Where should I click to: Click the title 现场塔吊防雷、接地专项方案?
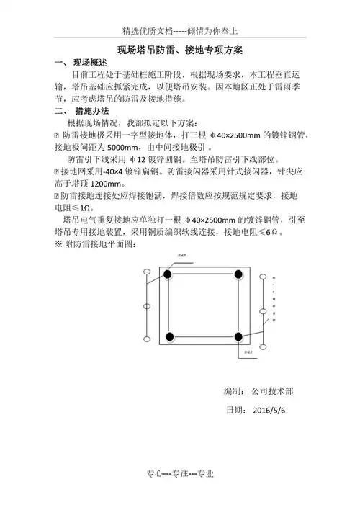[x=180, y=51]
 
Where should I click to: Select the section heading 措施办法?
[x=92, y=112]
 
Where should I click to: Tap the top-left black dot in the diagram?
[x=168, y=274]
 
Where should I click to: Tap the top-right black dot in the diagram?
[x=238, y=274]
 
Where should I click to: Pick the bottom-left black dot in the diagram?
[x=169, y=336]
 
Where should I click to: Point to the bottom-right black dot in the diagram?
[x=238, y=336]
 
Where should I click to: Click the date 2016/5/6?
[x=270, y=411]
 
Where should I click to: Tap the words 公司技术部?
[x=272, y=391]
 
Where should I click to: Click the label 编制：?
[x=235, y=391]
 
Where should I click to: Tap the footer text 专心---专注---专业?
[x=180, y=473]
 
